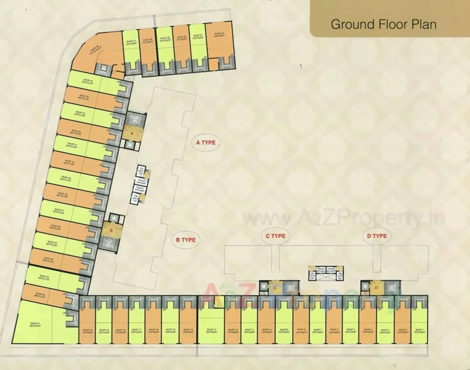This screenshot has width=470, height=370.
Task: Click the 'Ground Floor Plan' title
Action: point(384,24)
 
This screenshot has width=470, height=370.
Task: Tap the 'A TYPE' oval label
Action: point(206,143)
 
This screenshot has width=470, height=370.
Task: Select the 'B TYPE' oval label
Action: point(185,240)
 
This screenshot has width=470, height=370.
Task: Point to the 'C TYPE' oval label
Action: point(276,236)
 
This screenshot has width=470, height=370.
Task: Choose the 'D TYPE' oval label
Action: point(377,236)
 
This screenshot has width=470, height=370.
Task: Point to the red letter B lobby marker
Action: point(111,231)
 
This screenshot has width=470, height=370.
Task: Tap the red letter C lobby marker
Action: point(276,288)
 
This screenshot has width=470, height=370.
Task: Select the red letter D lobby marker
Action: point(377,288)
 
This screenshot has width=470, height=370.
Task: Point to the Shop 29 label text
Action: point(66,179)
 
